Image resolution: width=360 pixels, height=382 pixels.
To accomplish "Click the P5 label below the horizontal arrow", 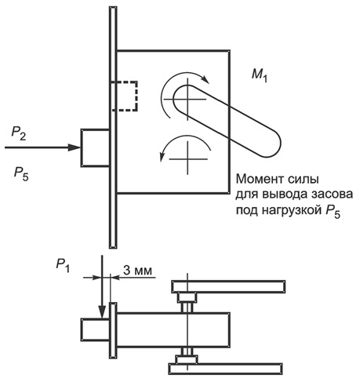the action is pos(21,174).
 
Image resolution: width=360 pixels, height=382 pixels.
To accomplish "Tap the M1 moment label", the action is pos(260,76).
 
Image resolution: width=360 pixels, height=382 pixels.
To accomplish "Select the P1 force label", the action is pos(63,265).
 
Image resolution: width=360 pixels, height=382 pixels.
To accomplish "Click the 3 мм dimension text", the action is pos(137,270).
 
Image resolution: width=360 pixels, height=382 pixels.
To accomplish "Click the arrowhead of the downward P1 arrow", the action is pos(102,311).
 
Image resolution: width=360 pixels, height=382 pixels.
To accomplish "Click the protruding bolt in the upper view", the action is pos(95,147).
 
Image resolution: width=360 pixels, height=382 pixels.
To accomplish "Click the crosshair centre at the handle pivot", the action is pos(187,99).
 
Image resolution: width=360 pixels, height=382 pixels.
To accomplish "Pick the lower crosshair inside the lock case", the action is pos(187,158).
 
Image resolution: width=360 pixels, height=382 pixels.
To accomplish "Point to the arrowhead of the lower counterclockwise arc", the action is pos(162,156).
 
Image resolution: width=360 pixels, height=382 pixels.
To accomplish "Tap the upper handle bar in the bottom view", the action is pos(228,286).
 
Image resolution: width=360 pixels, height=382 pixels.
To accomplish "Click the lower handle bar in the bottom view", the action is pos(225,369).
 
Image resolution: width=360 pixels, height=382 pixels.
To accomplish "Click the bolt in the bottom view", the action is pos(95,329).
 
